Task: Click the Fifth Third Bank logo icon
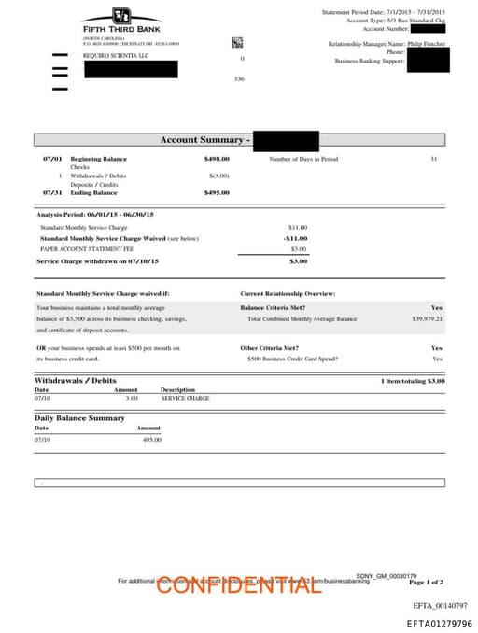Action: click(x=120, y=16)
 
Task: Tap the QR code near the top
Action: click(x=237, y=42)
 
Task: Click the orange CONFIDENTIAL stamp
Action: click(x=238, y=584)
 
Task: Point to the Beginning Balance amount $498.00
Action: click(x=217, y=160)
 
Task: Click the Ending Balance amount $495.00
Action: click(x=217, y=192)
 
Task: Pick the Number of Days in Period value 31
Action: click(x=433, y=160)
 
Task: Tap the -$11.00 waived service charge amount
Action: click(x=295, y=238)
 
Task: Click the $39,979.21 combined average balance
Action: click(x=427, y=319)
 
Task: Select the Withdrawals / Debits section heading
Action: click(x=76, y=381)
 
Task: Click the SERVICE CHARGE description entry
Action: click(x=185, y=398)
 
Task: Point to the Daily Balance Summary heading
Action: click(x=79, y=418)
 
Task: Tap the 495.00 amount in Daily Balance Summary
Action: click(x=151, y=439)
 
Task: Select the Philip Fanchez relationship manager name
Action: click(x=426, y=44)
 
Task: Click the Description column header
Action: click(x=177, y=389)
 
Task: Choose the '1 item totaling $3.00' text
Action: click(x=412, y=381)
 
